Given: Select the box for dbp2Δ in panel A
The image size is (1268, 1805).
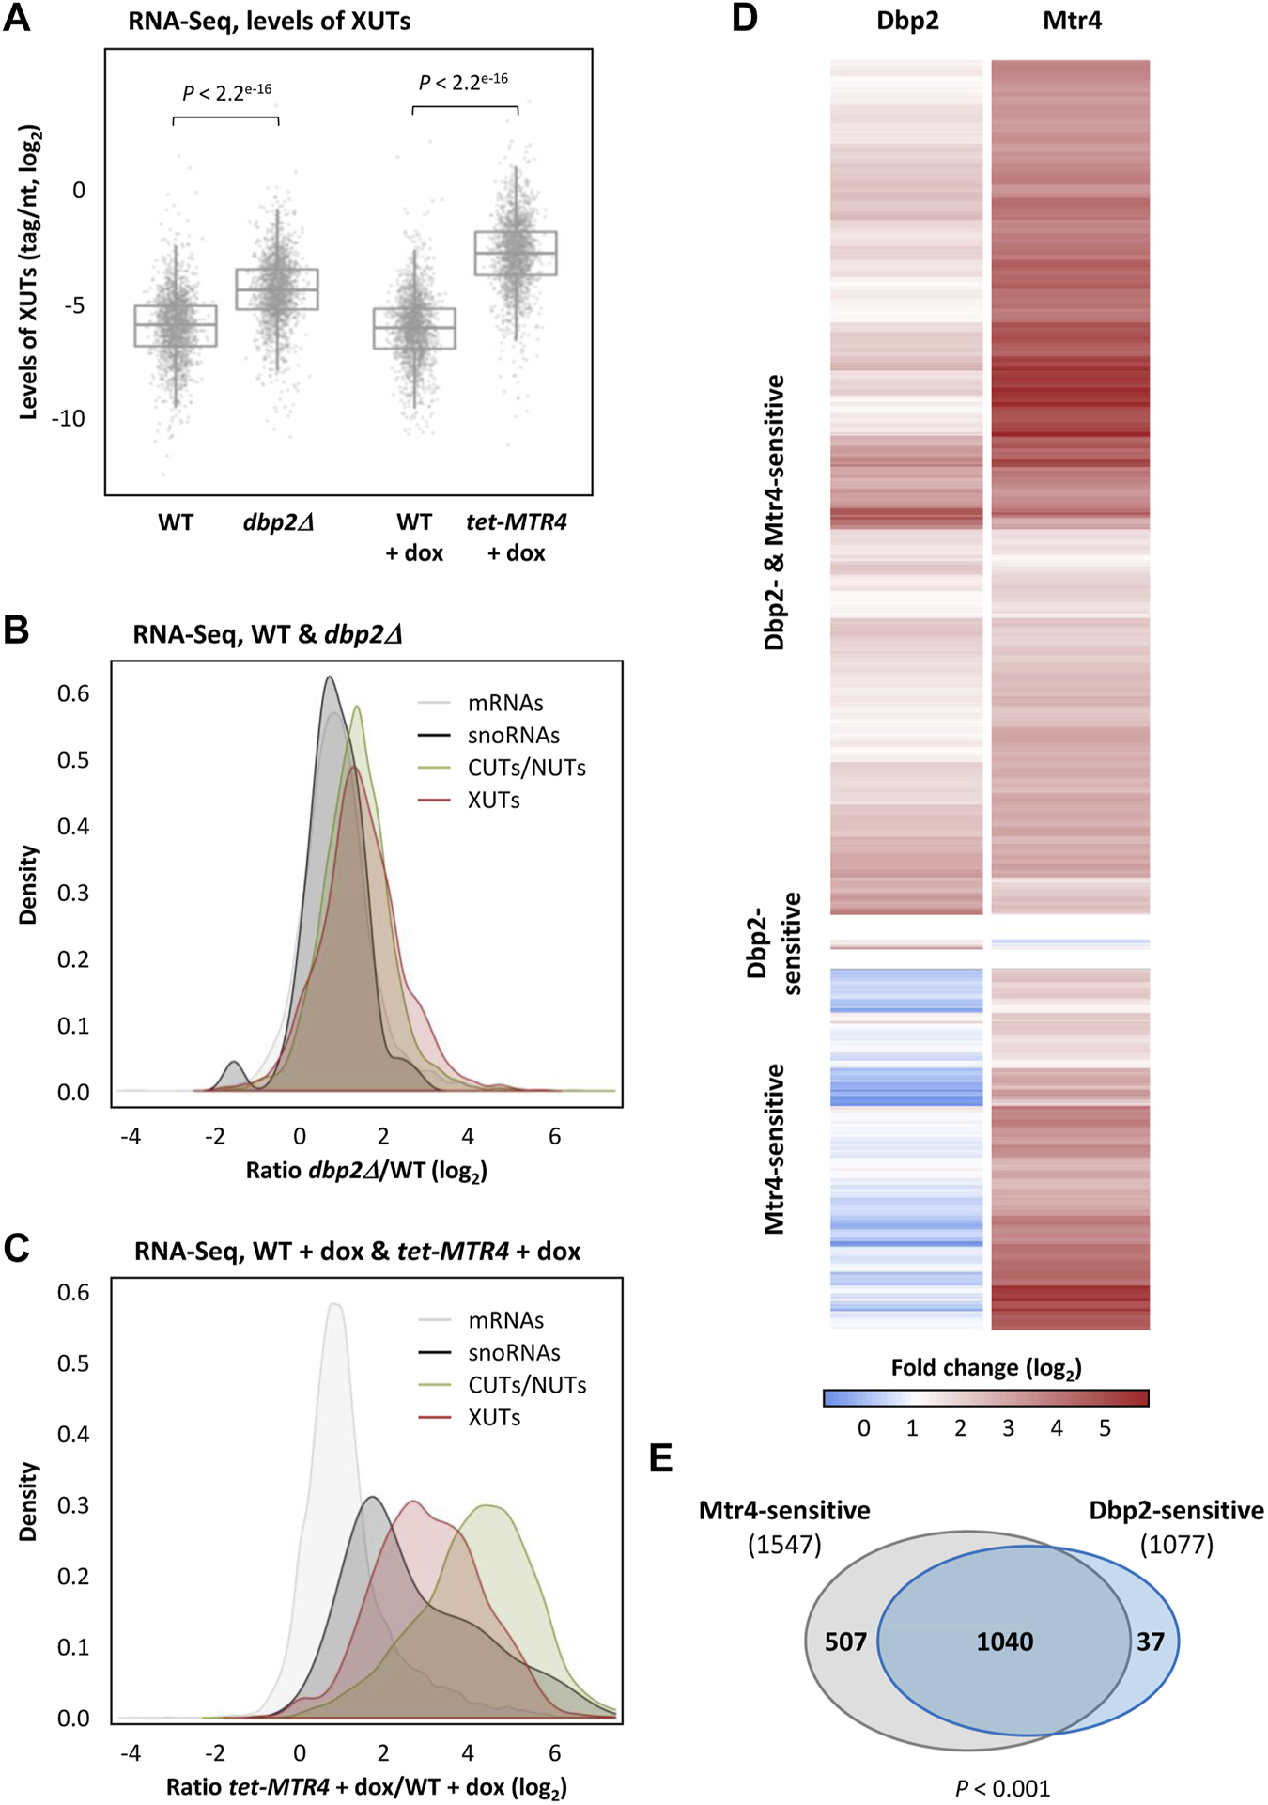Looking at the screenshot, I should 277,289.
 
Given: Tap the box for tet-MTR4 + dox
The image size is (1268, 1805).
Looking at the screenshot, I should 516,253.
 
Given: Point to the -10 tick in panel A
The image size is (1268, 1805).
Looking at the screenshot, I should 68,418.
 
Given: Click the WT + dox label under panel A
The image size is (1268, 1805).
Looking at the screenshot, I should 414,537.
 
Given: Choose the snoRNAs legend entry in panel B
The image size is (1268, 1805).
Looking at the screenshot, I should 513,735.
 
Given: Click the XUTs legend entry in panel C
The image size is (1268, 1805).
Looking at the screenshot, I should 494,1417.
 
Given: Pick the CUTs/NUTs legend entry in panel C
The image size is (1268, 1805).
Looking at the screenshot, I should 527,1385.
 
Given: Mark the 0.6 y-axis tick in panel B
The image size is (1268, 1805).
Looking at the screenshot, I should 73,693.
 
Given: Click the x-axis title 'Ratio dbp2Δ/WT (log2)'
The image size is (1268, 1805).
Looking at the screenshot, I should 366,1171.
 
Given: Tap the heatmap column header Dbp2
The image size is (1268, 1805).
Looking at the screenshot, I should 907,21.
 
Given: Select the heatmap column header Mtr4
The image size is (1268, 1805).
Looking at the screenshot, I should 1072,21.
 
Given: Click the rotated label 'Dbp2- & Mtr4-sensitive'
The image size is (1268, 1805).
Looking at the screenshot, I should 774,512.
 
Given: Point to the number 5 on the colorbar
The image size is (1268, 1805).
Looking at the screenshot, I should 1105,1428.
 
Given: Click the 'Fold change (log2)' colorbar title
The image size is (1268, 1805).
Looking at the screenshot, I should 986,1368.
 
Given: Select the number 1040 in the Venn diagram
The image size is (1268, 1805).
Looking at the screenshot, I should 1005,1642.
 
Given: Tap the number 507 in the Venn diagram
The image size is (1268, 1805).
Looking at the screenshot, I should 845,1642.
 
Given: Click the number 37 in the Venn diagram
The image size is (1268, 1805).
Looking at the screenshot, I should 1151,1642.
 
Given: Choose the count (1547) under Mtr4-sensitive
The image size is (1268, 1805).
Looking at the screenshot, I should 784,1545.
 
